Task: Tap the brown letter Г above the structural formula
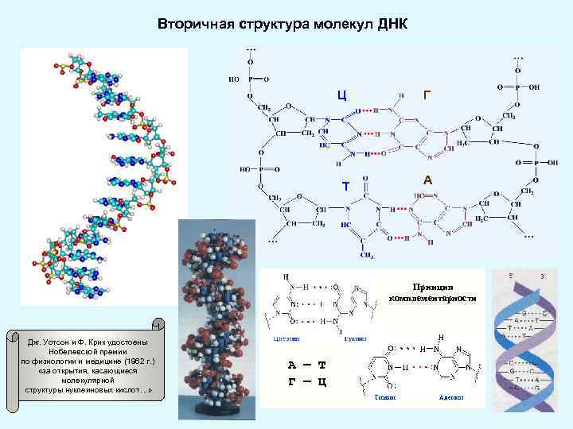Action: point(428,96)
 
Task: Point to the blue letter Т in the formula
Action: point(345,187)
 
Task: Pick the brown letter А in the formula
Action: point(427,180)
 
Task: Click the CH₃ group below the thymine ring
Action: point(368,255)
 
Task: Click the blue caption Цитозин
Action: point(286,338)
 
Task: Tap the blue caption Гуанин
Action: point(355,338)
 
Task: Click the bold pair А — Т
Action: point(306,365)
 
